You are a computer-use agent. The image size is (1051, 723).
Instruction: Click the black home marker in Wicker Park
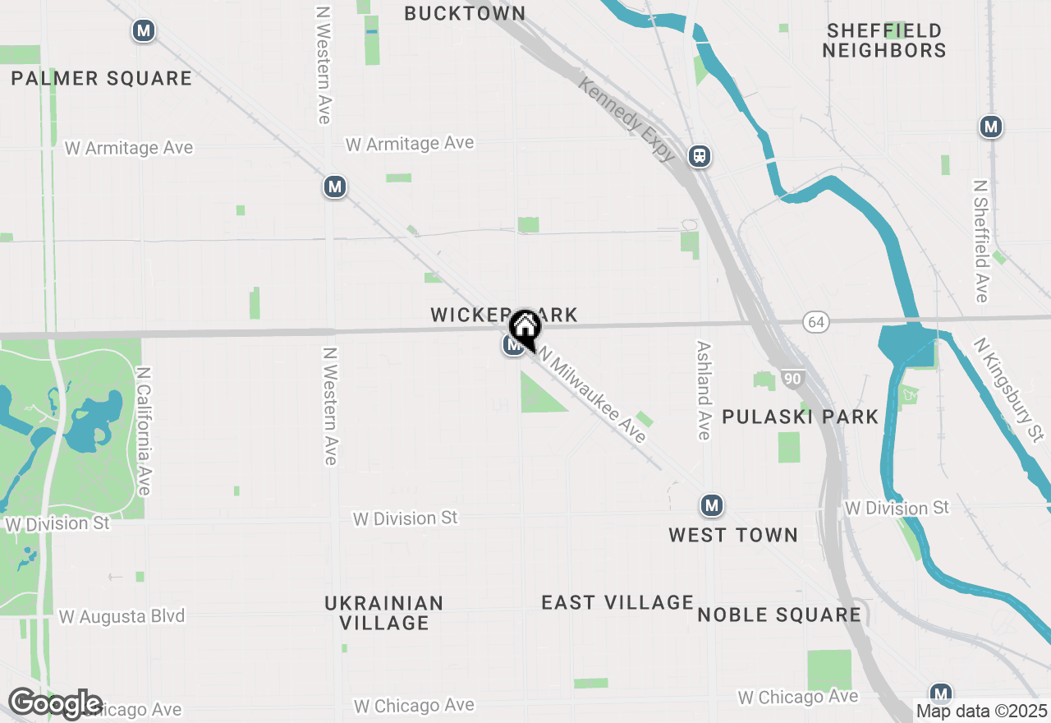(x=525, y=329)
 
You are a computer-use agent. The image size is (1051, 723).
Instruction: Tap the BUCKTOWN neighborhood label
(x=465, y=13)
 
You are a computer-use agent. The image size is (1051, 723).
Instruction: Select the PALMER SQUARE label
(x=102, y=79)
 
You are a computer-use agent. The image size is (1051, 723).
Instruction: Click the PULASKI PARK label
(x=800, y=417)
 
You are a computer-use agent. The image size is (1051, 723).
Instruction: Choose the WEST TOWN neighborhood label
(x=732, y=535)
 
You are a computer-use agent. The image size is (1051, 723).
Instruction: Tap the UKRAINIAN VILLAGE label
(x=384, y=613)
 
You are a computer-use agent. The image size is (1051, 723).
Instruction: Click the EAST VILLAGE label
(x=617, y=602)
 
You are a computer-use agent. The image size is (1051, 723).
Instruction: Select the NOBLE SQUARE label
(x=779, y=615)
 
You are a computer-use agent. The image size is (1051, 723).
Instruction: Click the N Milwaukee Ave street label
(x=594, y=397)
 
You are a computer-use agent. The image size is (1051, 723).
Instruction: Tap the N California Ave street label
(x=145, y=431)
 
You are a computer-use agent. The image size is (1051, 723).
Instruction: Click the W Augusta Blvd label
(x=122, y=616)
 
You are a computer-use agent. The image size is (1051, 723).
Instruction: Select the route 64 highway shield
(x=815, y=322)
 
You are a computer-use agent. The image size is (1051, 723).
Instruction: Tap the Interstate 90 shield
(x=792, y=379)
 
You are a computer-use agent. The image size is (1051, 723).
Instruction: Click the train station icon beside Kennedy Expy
(x=700, y=155)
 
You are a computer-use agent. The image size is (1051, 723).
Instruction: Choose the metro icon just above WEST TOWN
(x=712, y=505)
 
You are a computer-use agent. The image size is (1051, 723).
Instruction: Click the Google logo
(x=55, y=703)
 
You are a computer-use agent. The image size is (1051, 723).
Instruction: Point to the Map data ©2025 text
(x=981, y=711)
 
